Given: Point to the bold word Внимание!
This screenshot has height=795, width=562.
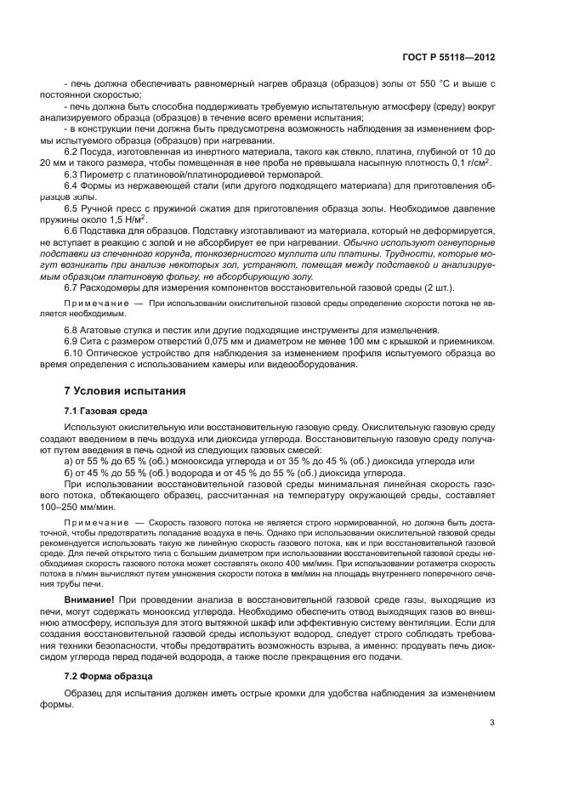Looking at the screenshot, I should [90, 601].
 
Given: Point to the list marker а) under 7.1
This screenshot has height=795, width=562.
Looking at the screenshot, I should [69, 461].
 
